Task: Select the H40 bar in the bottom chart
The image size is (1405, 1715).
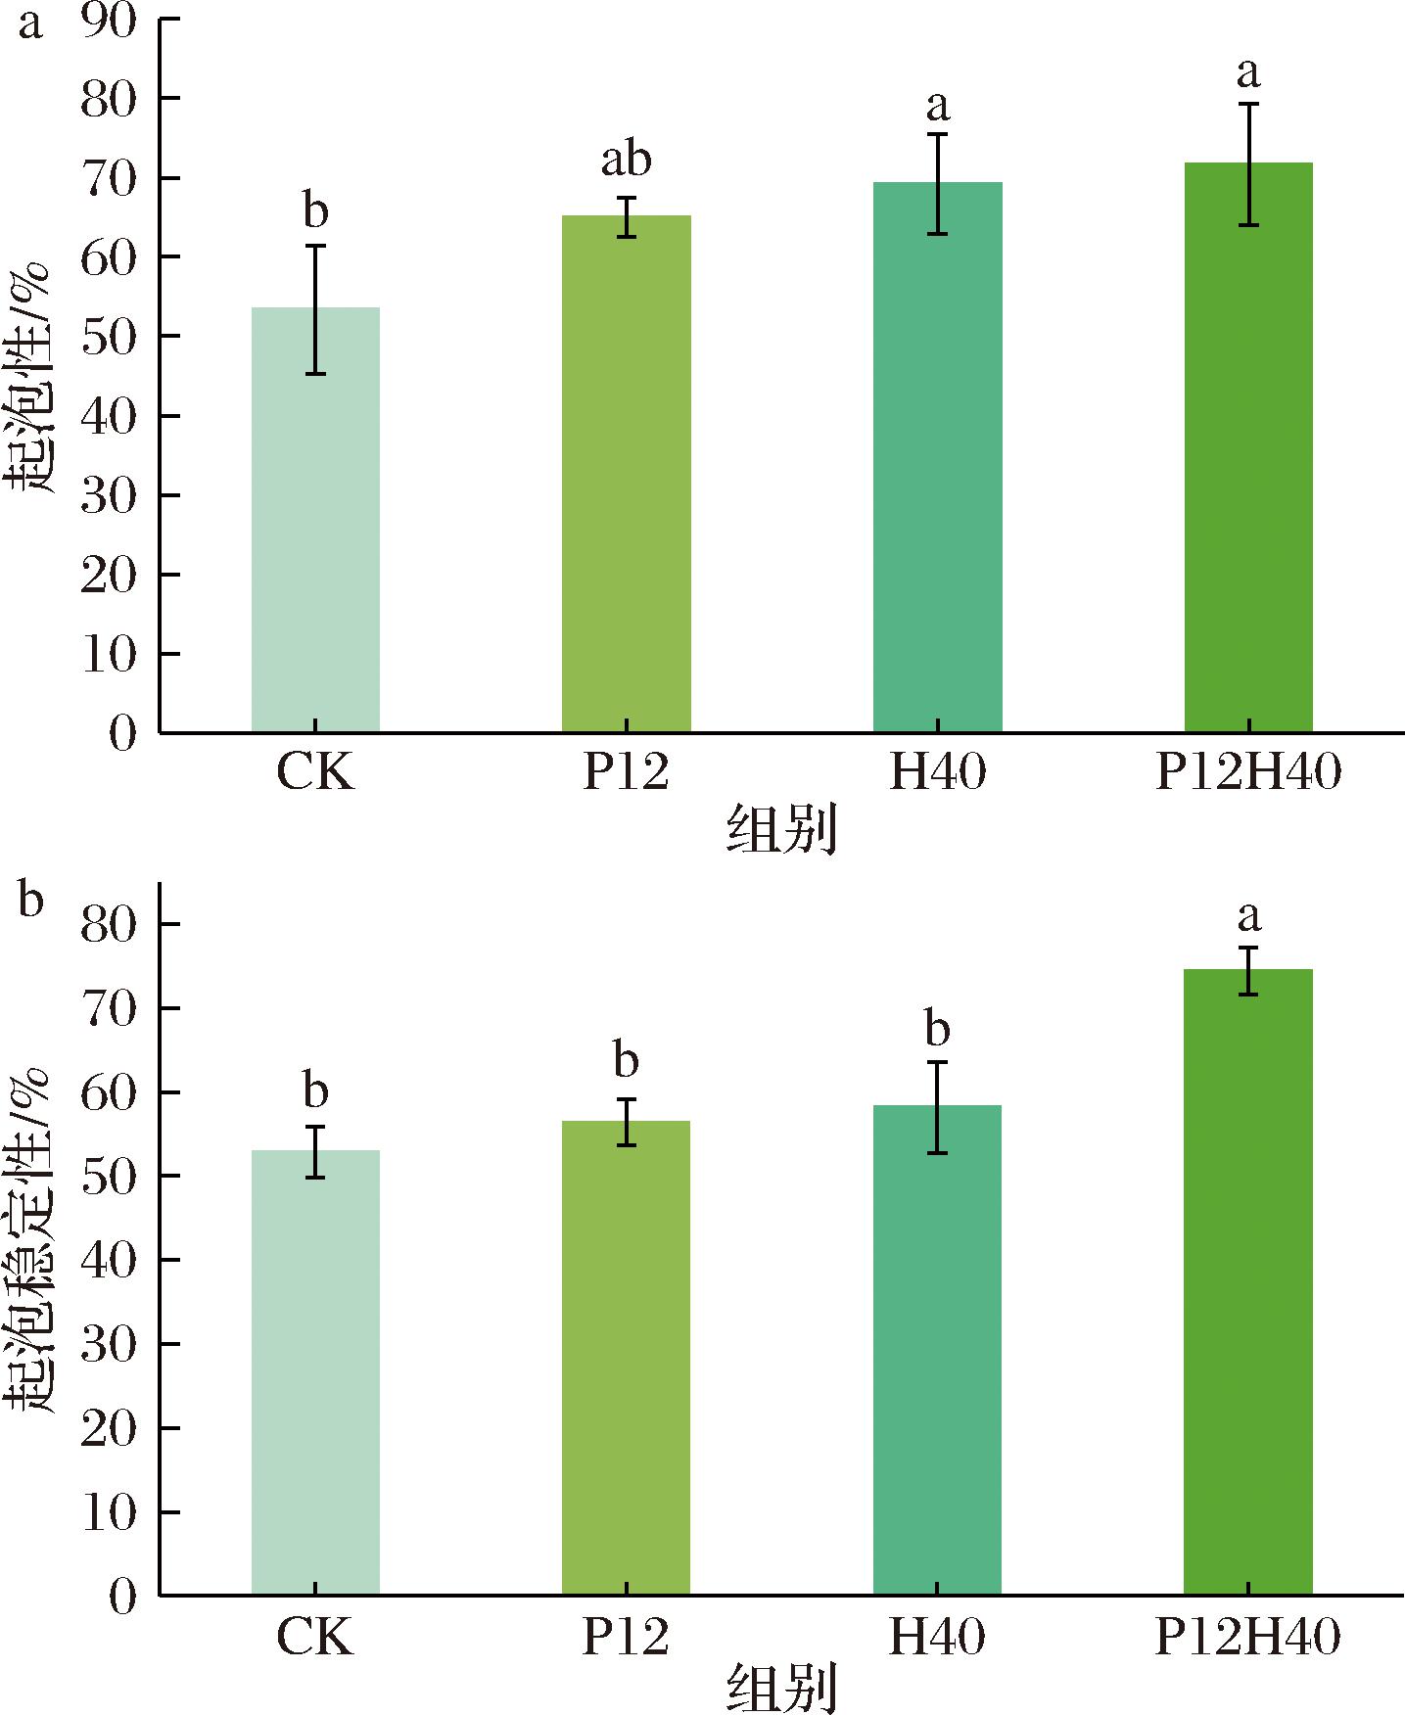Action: click(x=937, y=1350)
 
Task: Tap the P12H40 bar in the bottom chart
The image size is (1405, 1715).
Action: click(x=1248, y=1282)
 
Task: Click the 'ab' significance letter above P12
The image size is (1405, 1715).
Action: click(x=626, y=160)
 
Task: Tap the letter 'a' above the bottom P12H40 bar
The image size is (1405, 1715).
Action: click(x=1248, y=917)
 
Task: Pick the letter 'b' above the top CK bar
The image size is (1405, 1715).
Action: click(x=315, y=210)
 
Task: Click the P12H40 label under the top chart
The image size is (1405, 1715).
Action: click(x=1248, y=774)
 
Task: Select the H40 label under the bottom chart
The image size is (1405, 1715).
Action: click(x=937, y=1637)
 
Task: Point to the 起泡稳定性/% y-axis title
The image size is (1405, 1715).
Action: click(x=36, y=1238)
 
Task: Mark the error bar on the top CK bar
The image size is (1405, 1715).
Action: click(x=315, y=309)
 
